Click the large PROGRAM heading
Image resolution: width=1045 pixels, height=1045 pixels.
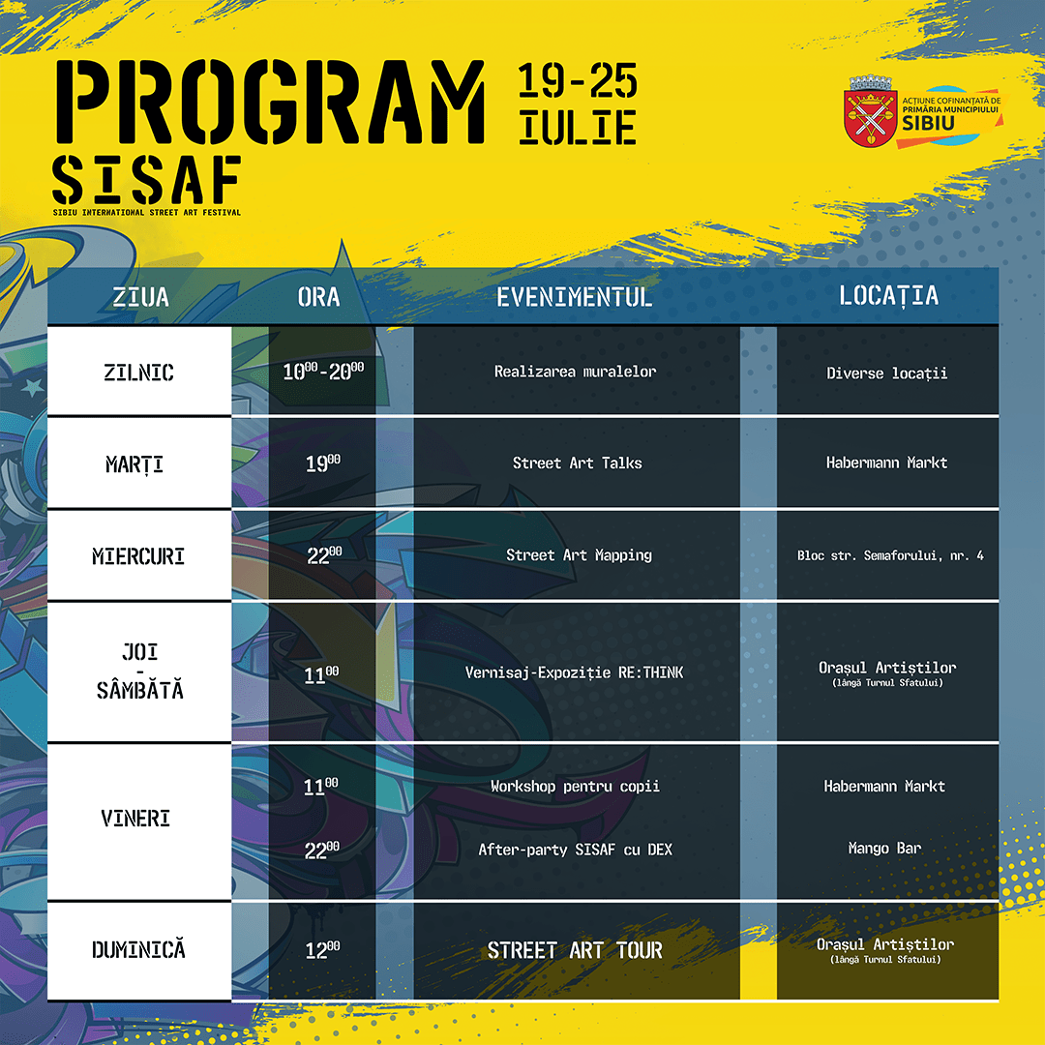[270, 102]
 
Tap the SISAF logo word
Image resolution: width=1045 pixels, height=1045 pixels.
[146, 181]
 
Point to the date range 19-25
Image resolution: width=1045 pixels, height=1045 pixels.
[577, 80]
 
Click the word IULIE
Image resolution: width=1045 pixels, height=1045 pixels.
[577, 128]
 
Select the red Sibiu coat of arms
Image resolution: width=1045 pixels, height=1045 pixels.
[870, 111]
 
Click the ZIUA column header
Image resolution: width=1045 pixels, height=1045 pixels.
[140, 297]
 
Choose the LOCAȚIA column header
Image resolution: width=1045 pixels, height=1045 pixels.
[888, 295]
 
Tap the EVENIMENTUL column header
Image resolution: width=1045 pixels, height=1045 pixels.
[574, 297]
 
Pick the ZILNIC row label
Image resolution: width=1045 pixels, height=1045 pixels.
[138, 372]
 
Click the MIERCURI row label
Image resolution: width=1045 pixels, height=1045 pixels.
[138, 555]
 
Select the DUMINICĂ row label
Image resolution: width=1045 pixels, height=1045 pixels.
[138, 950]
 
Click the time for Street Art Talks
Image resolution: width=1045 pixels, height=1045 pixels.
[323, 463]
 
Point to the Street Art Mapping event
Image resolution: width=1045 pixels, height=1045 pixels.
[579, 555]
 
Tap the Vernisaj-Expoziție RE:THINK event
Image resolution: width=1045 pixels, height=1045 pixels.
[574, 672]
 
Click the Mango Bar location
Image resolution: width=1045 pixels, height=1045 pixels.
[884, 848]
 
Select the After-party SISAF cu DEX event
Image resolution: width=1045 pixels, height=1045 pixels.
[575, 850]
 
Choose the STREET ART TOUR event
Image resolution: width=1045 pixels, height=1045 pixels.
[575, 950]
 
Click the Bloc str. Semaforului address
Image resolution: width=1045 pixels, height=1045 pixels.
[890, 555]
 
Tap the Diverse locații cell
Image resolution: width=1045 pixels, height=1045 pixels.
[886, 373]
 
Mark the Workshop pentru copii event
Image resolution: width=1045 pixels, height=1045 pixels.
[575, 787]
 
